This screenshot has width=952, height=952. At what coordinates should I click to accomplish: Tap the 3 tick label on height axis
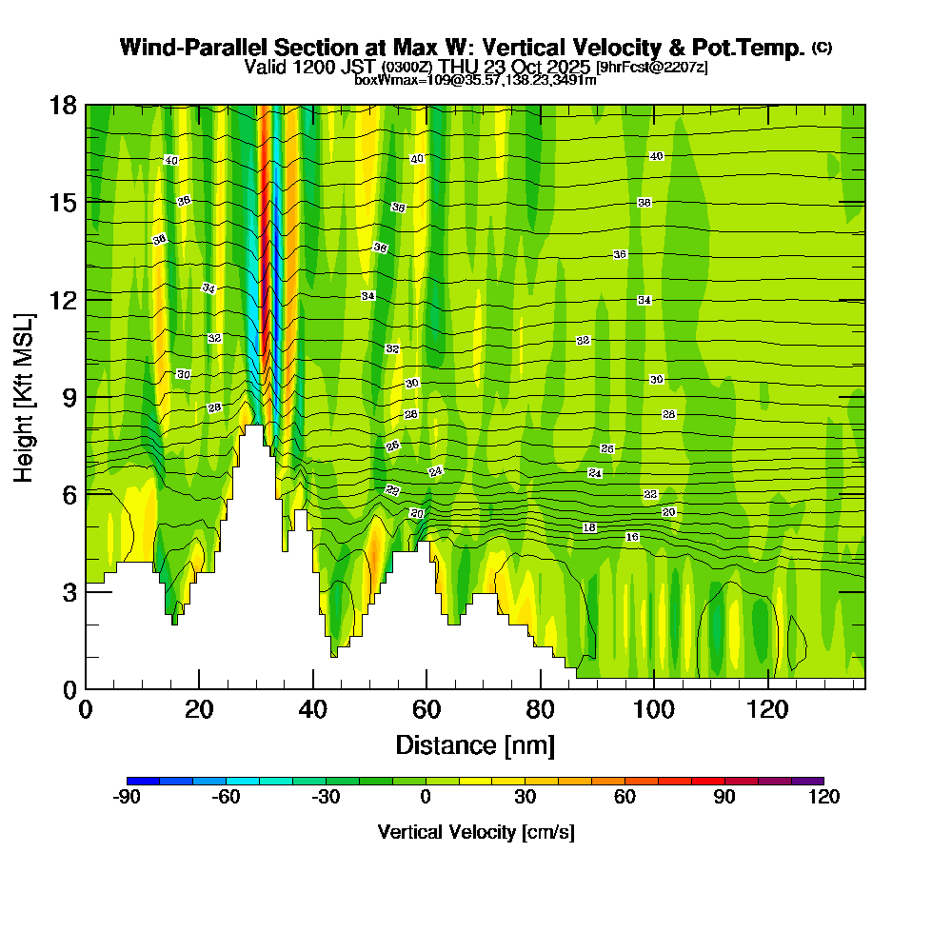point(69,591)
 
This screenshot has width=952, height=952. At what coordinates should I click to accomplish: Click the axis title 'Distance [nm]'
point(475,744)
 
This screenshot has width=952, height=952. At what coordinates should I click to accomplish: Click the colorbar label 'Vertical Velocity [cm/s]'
point(476,832)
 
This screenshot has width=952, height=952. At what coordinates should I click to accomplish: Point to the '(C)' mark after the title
point(823,48)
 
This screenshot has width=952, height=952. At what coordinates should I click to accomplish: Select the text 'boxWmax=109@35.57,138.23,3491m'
point(475,80)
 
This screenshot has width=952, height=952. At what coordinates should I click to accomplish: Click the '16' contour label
point(632,538)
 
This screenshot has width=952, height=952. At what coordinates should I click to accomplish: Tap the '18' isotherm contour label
point(589,527)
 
